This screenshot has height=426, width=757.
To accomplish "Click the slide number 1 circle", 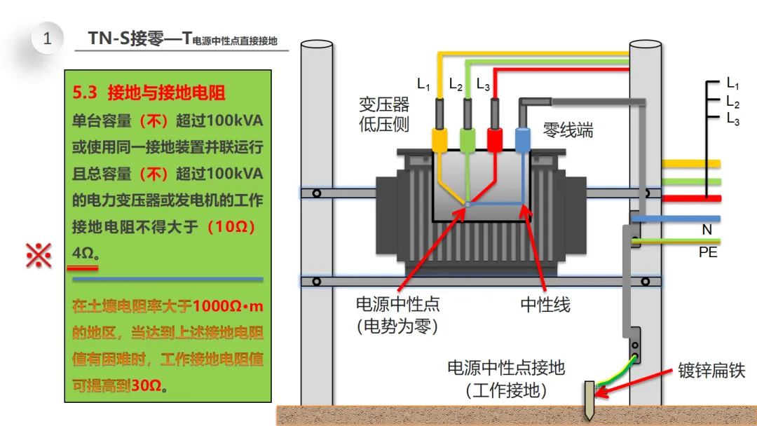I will [47, 39].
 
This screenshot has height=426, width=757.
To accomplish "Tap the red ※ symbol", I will [39, 256].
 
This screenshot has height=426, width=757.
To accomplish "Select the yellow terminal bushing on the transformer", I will [439, 139].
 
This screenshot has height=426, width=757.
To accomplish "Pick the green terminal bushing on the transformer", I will [467, 139].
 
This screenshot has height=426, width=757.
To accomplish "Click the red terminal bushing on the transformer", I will [495, 139].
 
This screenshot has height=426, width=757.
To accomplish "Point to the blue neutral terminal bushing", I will [523, 139].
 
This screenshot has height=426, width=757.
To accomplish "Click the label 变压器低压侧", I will [384, 115].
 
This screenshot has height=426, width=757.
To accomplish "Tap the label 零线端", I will [568, 130].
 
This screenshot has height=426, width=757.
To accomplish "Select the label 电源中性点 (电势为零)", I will [397, 315].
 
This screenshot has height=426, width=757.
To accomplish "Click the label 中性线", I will [545, 305].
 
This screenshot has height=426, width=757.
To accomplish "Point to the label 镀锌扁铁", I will [711, 371].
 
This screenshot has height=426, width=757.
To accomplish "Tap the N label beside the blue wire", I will [707, 230].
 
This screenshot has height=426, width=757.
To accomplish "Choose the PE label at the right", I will [708, 252].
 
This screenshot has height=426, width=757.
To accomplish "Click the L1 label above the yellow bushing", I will [423, 85].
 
